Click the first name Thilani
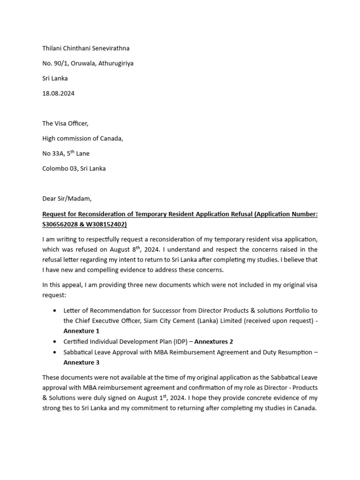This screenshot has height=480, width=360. (52, 48)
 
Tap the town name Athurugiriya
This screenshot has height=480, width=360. (115, 63)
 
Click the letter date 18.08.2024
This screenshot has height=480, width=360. (58, 93)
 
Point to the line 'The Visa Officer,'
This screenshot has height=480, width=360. (65, 124)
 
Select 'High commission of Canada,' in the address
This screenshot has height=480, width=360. (83, 139)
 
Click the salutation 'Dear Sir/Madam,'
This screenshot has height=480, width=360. (67, 199)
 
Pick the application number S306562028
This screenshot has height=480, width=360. (59, 224)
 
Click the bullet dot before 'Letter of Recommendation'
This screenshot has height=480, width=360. (56, 310)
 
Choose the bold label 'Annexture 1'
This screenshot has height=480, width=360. (82, 331)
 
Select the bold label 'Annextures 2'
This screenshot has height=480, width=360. (214, 341)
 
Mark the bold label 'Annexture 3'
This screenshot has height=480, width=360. (82, 362)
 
